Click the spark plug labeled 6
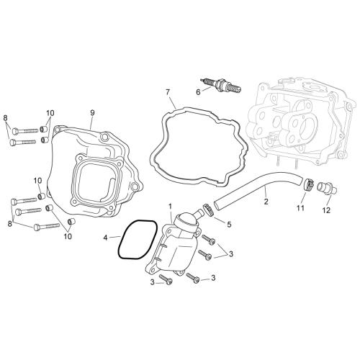pos(220,85)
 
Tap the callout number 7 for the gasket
pos(168,92)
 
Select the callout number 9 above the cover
pos(92,112)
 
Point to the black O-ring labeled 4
pos(138,239)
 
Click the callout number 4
pos(105,238)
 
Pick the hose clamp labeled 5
pos(208,209)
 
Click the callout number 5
pos(229,225)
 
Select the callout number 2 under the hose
pos(266,202)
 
